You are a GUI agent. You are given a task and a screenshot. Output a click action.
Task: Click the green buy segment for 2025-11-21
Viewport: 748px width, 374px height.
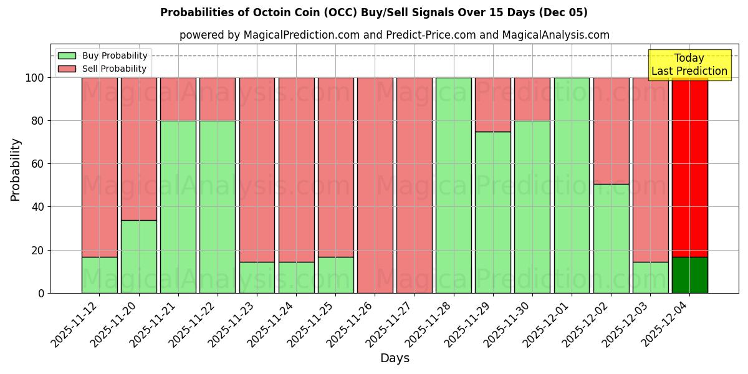pyautogui.click(x=178, y=206)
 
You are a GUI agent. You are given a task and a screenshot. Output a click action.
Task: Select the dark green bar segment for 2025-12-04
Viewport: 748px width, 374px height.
pyautogui.click(x=689, y=275)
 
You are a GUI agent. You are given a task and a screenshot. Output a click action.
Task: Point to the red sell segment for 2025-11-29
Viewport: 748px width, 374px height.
pyautogui.click(x=493, y=104)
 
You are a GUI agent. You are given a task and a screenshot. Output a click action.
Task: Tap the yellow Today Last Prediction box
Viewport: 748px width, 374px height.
pyautogui.click(x=689, y=65)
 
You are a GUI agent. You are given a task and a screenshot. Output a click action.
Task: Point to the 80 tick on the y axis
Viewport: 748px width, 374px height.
pyautogui.click(x=39, y=121)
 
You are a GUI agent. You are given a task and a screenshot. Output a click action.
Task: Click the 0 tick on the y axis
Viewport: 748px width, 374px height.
pyautogui.click(x=42, y=293)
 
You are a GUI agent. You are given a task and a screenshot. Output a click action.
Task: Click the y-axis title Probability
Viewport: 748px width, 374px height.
pyautogui.click(x=16, y=169)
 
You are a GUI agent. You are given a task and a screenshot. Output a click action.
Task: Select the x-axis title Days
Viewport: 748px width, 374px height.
pyautogui.click(x=395, y=358)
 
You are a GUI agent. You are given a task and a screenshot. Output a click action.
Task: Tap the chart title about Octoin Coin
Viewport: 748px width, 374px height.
pyautogui.click(x=373, y=12)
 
